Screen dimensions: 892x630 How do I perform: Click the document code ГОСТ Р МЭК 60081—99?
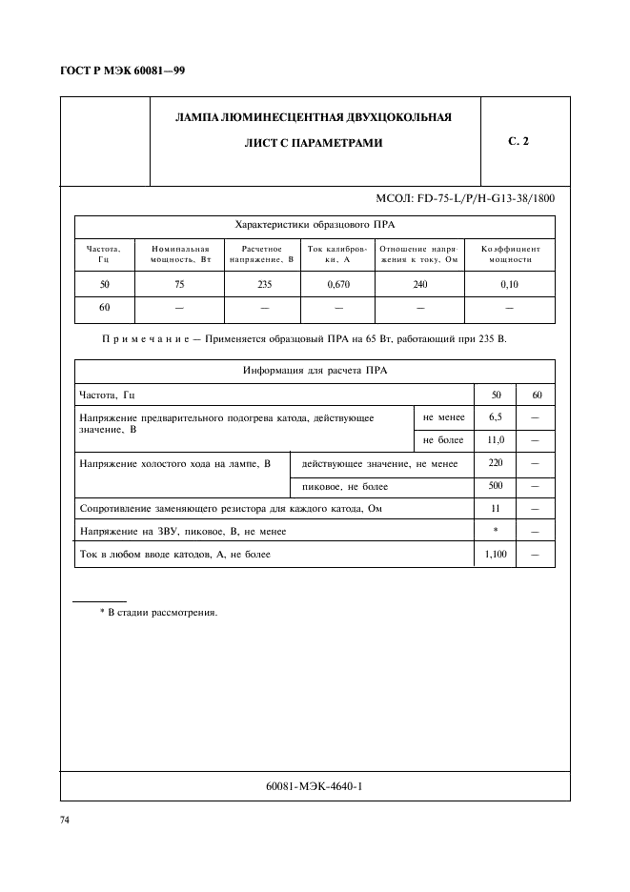tap(123, 71)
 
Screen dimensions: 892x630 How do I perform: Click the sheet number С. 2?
tap(518, 141)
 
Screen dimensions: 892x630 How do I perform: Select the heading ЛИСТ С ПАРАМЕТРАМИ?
tap(314, 143)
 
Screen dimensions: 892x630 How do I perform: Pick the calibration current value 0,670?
tap(337, 285)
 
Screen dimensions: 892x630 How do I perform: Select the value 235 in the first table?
tap(264, 285)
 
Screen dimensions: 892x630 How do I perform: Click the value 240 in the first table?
tap(419, 285)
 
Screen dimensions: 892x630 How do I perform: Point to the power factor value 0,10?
tap(509, 285)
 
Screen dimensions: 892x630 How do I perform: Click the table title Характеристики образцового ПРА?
tap(314, 225)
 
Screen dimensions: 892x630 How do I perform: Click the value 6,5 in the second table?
tap(495, 417)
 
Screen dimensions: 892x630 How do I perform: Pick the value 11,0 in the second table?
tap(495, 440)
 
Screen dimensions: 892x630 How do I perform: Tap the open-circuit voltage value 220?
tap(495, 463)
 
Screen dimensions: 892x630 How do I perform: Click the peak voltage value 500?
tap(495, 486)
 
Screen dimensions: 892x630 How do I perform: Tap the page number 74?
tap(66, 819)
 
